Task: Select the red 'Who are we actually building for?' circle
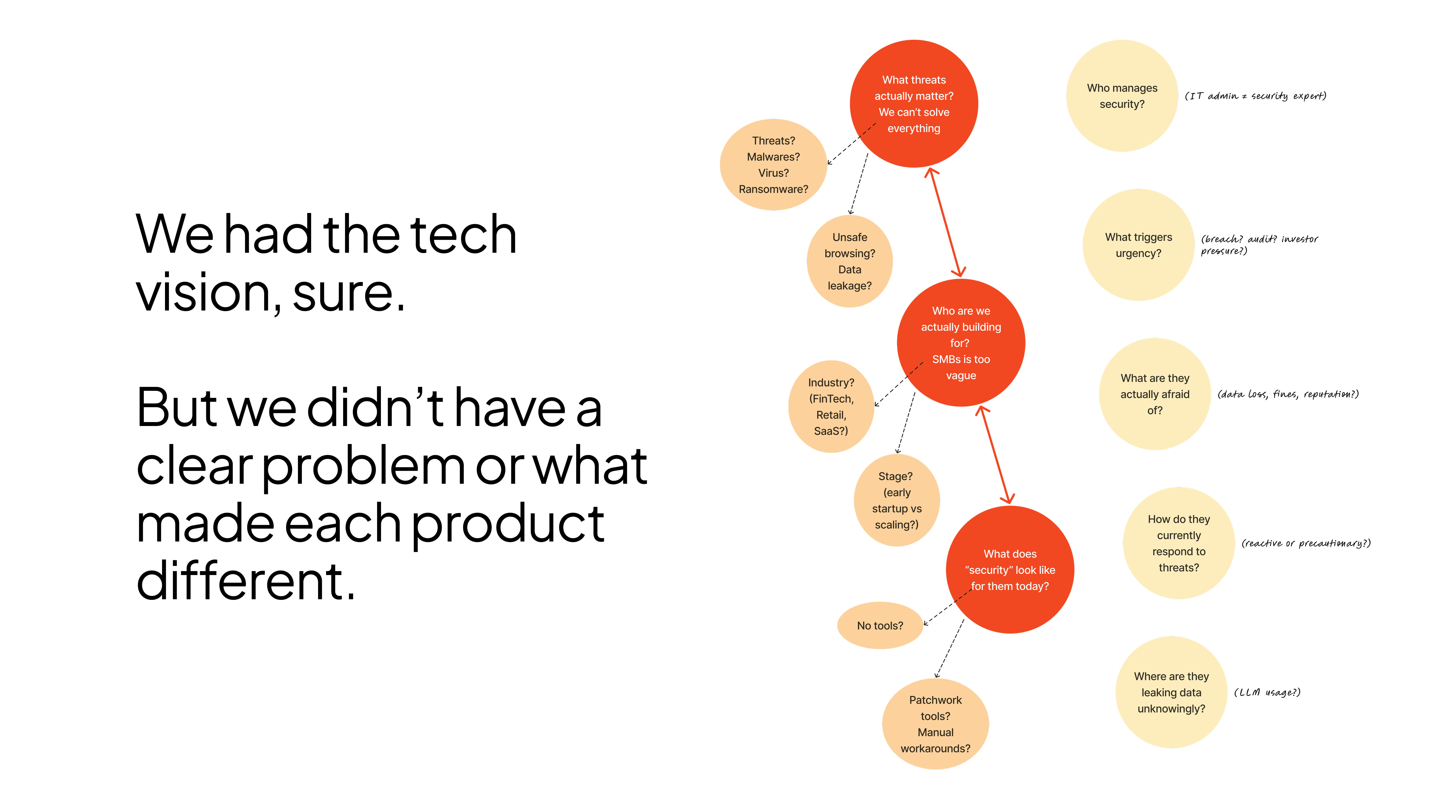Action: [x=961, y=343]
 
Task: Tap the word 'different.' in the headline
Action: [x=246, y=581]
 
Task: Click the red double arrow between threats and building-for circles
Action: [x=945, y=223]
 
